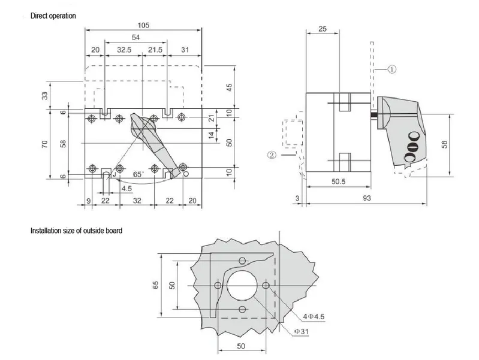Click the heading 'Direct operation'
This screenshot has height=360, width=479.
point(53,16)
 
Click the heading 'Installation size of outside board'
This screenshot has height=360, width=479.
point(77,230)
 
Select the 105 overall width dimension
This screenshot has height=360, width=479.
point(144,25)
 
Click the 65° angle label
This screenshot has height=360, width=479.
point(138,174)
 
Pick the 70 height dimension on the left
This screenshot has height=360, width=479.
point(46,144)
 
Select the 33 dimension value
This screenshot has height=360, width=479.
point(46,95)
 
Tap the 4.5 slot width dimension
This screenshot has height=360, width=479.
point(126,188)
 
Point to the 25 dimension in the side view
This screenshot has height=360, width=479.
point(323,29)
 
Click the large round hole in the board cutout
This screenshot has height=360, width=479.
point(242,285)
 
